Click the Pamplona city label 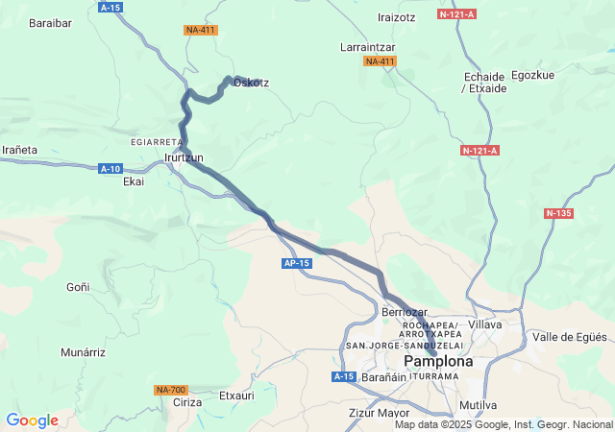[439, 362]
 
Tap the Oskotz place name [251, 83]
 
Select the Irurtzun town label [184, 157]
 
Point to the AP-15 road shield [297, 263]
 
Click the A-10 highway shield [110, 169]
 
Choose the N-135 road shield [559, 213]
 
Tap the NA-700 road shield [170, 390]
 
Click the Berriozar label [405, 312]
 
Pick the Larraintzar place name [368, 47]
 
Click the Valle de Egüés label [570, 337]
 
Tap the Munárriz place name [83, 353]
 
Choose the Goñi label [78, 286]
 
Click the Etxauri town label [237, 395]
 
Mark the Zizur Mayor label [379, 414]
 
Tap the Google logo [32, 420]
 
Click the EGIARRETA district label [156, 142]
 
